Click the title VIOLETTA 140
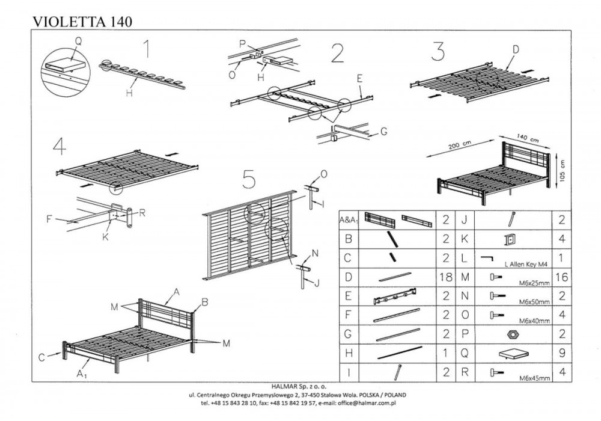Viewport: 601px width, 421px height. click(x=82, y=22)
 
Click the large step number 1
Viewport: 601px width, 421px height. click(x=146, y=49)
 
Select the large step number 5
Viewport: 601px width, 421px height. click(x=249, y=179)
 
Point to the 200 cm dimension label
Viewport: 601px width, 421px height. click(x=459, y=146)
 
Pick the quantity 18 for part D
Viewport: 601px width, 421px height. click(x=446, y=277)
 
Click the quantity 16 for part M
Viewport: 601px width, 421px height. click(x=561, y=277)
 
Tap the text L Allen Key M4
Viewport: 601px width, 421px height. click(x=528, y=264)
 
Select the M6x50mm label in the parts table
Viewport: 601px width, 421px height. click(x=534, y=302)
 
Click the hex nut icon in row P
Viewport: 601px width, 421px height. click(x=513, y=334)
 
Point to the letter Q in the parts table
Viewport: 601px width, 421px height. click(x=465, y=353)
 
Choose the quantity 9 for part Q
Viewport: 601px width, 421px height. click(x=562, y=353)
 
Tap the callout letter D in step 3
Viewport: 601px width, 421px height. click(x=516, y=49)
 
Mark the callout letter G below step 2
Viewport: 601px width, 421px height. click(x=383, y=132)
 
